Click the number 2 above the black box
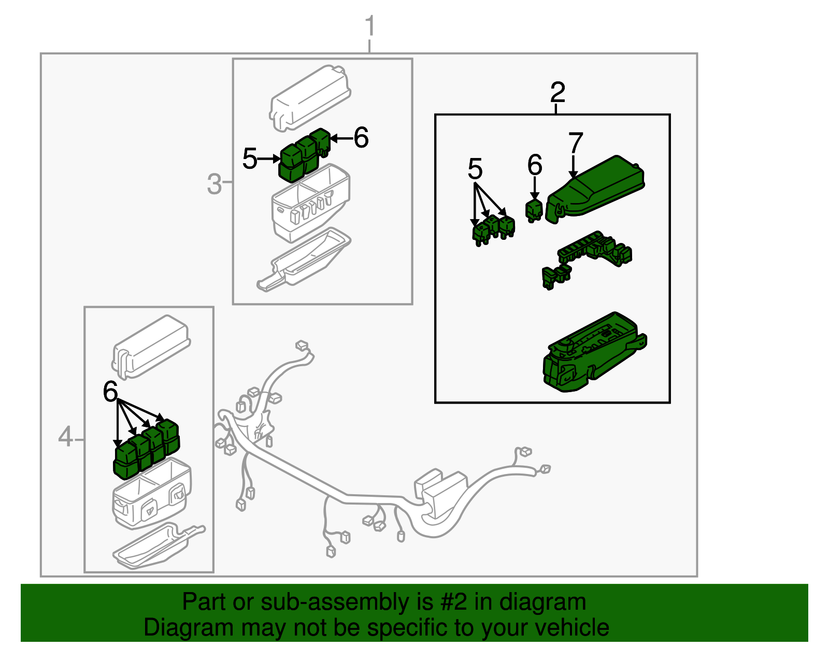point(558,93)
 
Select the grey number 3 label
point(214,184)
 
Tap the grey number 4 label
point(65,437)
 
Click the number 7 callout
point(576,143)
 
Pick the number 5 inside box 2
point(475,169)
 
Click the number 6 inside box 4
point(110,392)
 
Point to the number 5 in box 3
point(250,159)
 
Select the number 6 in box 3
point(361,138)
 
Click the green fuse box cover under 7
point(596,189)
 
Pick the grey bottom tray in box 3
point(303,259)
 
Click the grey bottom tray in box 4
point(155,547)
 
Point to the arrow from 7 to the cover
point(573,167)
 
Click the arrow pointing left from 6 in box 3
point(340,138)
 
